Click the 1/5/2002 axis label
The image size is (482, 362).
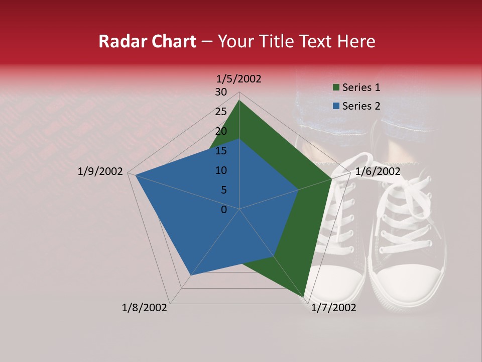[x=239, y=78]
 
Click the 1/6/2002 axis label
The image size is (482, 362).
[x=378, y=171]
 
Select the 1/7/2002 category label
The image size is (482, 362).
[x=333, y=308]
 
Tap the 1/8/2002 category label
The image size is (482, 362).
[x=145, y=308]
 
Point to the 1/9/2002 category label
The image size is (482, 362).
[x=100, y=171]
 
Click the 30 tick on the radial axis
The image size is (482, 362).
[x=220, y=92]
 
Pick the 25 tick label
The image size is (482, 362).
[x=220, y=112]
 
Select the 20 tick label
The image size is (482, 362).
[x=220, y=131]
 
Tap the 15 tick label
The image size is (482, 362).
[x=220, y=151]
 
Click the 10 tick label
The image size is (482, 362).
[x=220, y=170]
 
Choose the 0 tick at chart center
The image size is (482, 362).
[x=224, y=210]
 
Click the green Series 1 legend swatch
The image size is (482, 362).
[x=335, y=88]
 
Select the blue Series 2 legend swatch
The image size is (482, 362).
[x=335, y=106]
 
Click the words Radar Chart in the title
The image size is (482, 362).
[x=147, y=42]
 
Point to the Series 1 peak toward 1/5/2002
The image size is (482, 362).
[x=239, y=101]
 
